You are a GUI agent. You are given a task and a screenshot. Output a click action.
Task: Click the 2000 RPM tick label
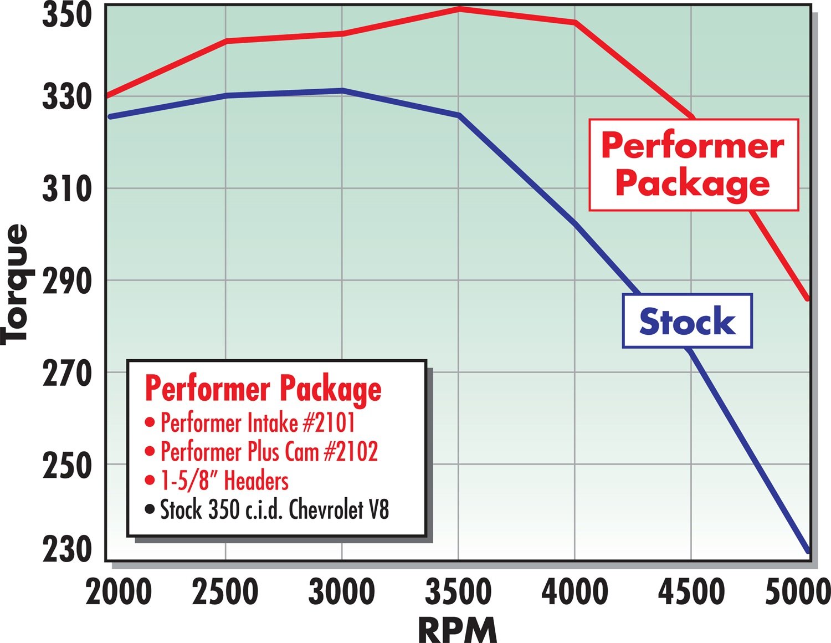click(x=119, y=591)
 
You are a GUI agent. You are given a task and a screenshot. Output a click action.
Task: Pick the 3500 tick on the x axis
click(x=458, y=591)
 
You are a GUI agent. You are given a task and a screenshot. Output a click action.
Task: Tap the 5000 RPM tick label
click(x=798, y=591)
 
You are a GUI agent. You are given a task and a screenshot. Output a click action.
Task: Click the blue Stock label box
click(x=687, y=321)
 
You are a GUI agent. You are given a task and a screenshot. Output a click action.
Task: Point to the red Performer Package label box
click(x=693, y=165)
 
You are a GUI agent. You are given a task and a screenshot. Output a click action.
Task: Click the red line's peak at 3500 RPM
click(x=459, y=9)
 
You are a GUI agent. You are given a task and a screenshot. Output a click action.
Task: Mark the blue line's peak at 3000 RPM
click(x=342, y=90)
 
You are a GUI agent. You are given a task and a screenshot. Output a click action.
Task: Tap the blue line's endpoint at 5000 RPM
click(x=808, y=551)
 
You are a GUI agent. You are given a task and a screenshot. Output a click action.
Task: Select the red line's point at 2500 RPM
click(x=226, y=40)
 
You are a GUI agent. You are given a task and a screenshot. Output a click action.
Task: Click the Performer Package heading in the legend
click(x=263, y=389)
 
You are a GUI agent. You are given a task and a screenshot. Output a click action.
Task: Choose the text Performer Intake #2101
click(x=258, y=423)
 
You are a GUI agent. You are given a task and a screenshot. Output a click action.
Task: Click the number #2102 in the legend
click(x=350, y=452)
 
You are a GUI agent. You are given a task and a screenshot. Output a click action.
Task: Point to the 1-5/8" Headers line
click(x=224, y=481)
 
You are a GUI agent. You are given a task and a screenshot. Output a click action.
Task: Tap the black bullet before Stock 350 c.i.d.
click(x=149, y=509)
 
